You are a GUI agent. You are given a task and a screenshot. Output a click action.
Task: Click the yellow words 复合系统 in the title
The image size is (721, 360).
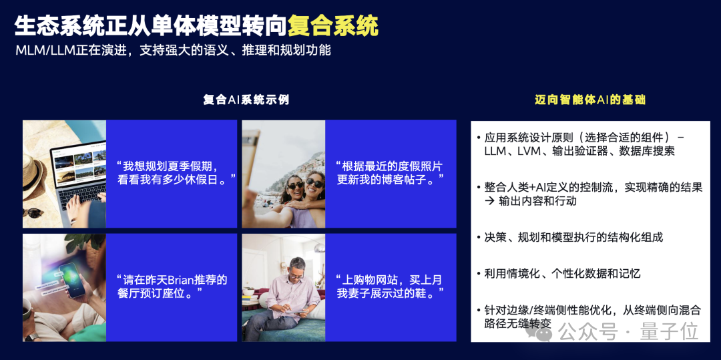(332, 26)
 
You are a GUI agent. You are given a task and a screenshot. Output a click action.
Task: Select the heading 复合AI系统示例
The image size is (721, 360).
(246, 100)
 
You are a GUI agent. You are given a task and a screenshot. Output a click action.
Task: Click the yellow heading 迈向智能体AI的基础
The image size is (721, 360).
(590, 100)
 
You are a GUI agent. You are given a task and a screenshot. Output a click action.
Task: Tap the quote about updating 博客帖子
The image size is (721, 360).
(391, 172)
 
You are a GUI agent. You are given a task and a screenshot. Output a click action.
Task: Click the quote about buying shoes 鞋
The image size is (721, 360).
(391, 286)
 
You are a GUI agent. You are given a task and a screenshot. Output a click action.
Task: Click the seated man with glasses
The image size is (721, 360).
(290, 287)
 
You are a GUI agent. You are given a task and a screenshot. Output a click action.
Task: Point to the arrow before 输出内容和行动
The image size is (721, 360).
(490, 201)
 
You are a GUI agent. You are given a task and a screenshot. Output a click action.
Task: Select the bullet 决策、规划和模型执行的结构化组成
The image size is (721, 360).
(573, 237)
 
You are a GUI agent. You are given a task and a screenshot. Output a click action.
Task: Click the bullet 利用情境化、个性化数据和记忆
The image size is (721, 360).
(562, 273)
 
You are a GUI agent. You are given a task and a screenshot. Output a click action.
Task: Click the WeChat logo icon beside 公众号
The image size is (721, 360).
(543, 331)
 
